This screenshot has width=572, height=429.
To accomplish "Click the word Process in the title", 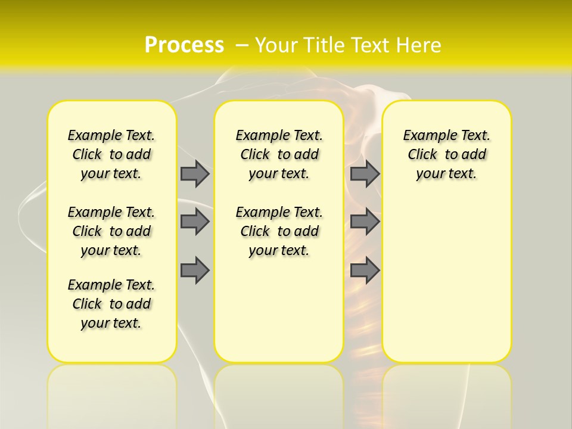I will (x=184, y=45).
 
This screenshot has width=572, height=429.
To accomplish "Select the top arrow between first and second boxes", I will (x=195, y=173).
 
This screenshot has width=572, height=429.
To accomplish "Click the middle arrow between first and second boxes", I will (x=195, y=222).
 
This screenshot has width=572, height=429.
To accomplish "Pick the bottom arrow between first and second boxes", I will (x=195, y=270).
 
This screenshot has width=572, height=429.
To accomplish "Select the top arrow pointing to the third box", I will (x=365, y=173).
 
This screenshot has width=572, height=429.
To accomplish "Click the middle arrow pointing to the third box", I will (x=365, y=222).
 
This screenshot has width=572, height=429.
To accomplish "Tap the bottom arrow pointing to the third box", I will (x=365, y=270).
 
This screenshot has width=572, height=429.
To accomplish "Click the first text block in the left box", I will (x=111, y=154).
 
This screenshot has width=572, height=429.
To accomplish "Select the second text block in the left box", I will (x=111, y=231).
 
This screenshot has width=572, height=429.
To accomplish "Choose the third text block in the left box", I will (x=111, y=304).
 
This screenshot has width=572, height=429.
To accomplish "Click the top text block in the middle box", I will (x=279, y=154).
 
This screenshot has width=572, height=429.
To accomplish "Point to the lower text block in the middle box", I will (x=279, y=231).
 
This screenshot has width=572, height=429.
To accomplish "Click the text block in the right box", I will (x=447, y=154).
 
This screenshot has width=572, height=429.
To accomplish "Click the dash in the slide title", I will (x=243, y=45).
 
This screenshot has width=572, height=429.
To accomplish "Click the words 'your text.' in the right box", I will (x=447, y=174).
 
